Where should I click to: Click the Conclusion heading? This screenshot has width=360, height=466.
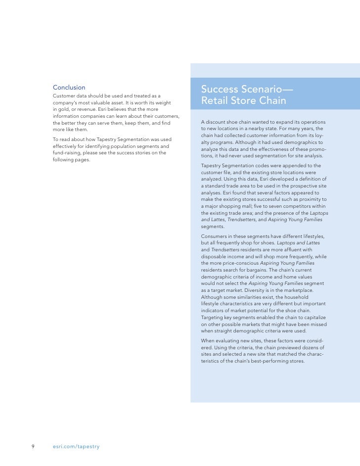(x=69, y=87)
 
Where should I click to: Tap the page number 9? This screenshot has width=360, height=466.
(x=33, y=447)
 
